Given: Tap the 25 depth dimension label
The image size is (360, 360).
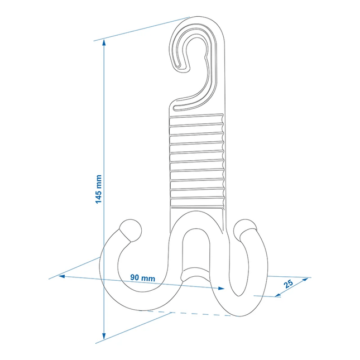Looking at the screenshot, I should coord(289,284).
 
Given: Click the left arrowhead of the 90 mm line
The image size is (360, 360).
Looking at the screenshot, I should coord(61,276).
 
